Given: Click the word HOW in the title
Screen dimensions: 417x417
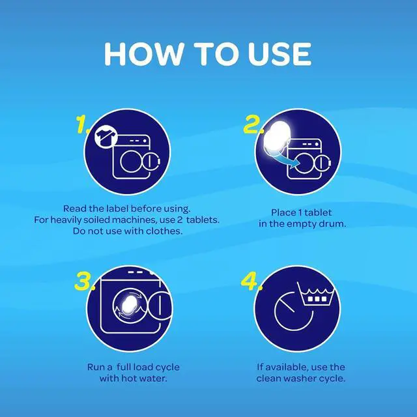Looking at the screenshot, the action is [144, 53].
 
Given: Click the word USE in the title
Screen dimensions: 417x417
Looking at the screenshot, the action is [280, 53].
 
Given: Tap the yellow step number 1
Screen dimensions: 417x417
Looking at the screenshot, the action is [82, 124].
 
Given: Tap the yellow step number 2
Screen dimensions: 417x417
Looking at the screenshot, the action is [253, 124].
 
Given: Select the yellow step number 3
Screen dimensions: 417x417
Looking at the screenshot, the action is [84, 281].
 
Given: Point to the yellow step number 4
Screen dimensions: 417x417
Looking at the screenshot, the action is [252, 281].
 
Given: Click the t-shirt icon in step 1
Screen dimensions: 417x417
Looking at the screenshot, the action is [106, 137].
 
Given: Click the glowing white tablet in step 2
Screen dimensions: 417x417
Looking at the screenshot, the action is [276, 138].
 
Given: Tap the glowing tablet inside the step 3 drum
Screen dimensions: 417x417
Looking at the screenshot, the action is [129, 305].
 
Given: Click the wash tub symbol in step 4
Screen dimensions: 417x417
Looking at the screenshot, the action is [315, 294].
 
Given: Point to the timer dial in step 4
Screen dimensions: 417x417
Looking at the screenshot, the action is [294, 311].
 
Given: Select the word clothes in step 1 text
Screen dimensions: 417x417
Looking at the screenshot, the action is [164, 231].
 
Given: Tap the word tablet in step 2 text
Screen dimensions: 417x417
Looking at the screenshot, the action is [318, 212].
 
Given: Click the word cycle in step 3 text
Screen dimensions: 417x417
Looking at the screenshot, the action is [167, 367].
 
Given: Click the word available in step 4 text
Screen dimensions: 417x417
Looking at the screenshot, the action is [287, 367].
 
